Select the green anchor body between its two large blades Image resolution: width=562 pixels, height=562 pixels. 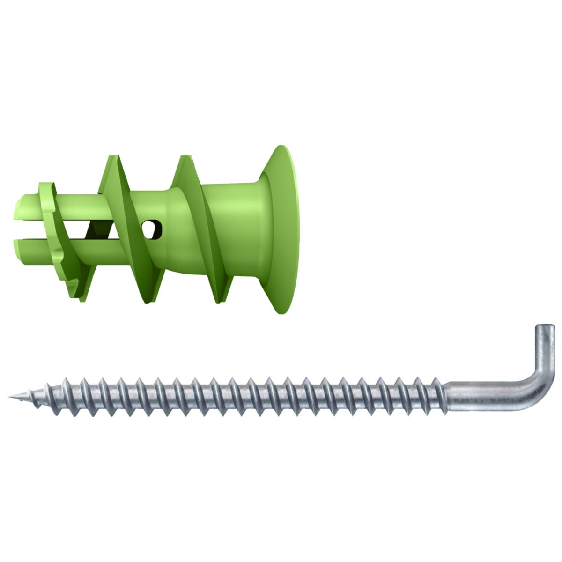pos(162,206)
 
